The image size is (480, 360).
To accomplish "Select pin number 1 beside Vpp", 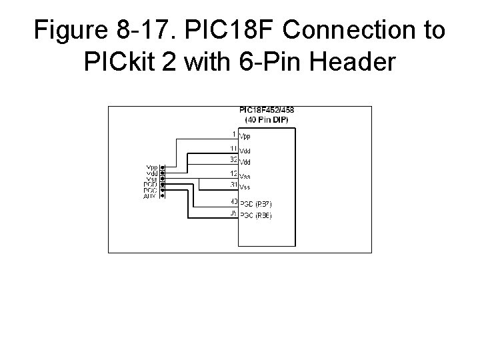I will tap(233, 135).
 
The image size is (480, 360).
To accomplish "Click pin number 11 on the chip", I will tap(233, 148).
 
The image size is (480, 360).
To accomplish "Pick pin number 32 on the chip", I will tap(233, 159).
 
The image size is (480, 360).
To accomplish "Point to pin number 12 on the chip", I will tap(233, 174).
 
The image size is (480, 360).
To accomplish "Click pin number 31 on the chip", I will tap(233, 185).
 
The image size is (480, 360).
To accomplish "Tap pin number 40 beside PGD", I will tap(233, 201).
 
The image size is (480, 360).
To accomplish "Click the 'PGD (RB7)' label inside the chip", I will tap(256, 203).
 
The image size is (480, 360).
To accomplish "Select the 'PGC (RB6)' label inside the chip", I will tap(256, 216).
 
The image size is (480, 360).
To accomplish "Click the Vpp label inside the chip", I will tap(245, 136).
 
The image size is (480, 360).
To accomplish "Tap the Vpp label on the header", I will tap(152, 167).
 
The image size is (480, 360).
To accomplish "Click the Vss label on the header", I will tap(152, 178).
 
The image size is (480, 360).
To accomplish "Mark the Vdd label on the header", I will tap(152, 172).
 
